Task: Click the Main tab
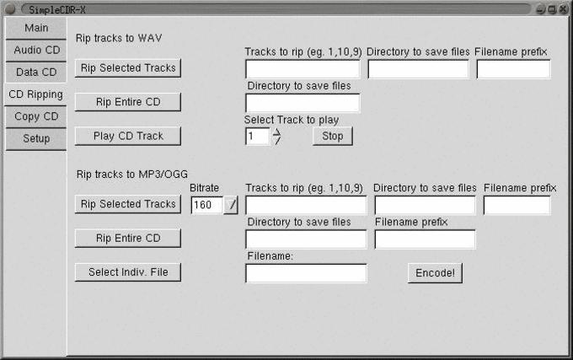click(35, 28)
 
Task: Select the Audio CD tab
click(36, 50)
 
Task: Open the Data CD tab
click(36, 72)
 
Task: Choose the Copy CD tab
click(36, 116)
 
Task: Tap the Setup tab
click(36, 138)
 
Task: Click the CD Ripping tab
click(35, 94)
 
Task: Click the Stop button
click(333, 136)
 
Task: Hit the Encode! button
click(435, 273)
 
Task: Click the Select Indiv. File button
click(127, 272)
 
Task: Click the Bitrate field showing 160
click(206, 205)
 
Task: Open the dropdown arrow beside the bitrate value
click(232, 205)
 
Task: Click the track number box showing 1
click(257, 137)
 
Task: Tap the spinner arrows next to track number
click(276, 137)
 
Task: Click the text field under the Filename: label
click(306, 273)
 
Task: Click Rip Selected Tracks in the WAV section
click(127, 67)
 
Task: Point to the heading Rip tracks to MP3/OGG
click(131, 175)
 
